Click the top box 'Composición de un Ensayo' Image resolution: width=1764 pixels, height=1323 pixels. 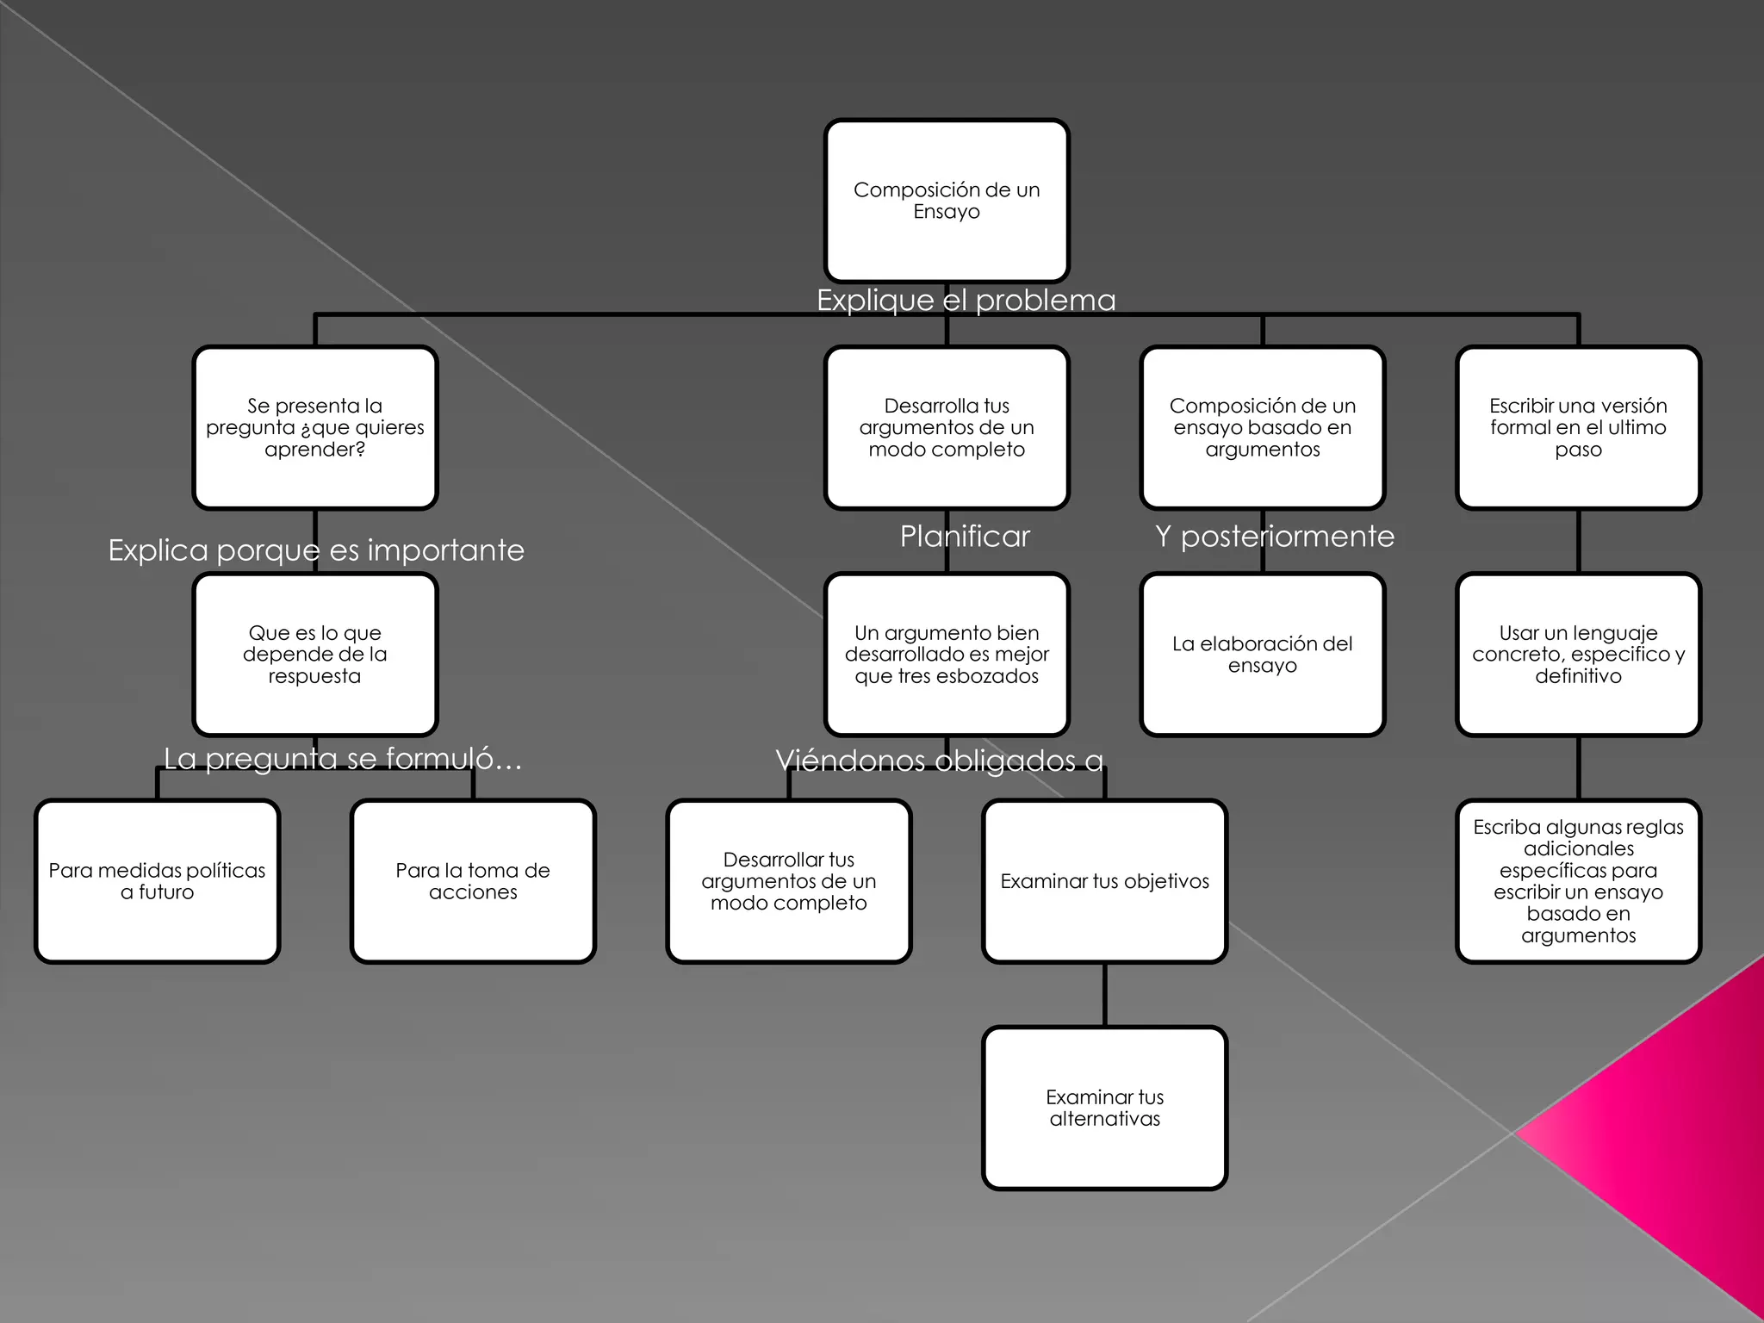(947, 201)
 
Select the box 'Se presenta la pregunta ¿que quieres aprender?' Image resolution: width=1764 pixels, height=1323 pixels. (315, 427)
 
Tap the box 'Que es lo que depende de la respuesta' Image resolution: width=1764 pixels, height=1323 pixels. (315, 655)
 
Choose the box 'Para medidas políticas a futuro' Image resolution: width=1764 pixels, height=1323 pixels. (158, 881)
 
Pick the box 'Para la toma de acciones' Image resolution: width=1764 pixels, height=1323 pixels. (473, 881)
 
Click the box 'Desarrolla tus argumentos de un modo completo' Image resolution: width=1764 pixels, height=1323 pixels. (947, 427)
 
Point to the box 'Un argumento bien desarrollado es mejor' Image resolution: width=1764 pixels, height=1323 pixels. (947, 655)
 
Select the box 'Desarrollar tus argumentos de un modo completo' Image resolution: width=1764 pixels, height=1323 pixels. (789, 881)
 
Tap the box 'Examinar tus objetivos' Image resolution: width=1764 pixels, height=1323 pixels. (1105, 881)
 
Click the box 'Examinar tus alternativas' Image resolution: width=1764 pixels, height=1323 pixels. (1105, 1108)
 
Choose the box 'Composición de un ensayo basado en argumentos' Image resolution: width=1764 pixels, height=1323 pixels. (1263, 427)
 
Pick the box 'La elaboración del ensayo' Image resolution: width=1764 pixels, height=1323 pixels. (1263, 655)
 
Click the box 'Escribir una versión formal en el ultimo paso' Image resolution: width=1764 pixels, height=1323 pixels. (1579, 427)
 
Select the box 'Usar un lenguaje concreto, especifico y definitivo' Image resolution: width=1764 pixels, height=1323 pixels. (1579, 655)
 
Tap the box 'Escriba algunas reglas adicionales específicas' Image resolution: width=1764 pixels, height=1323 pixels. (1579, 881)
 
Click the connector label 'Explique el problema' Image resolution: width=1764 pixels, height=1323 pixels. (966, 300)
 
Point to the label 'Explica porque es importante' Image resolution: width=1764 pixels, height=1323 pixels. (316, 550)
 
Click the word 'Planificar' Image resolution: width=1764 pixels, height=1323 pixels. (965, 536)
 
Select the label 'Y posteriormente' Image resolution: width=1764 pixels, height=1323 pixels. (1274, 536)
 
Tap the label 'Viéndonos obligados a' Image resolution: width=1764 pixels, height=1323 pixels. (939, 760)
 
